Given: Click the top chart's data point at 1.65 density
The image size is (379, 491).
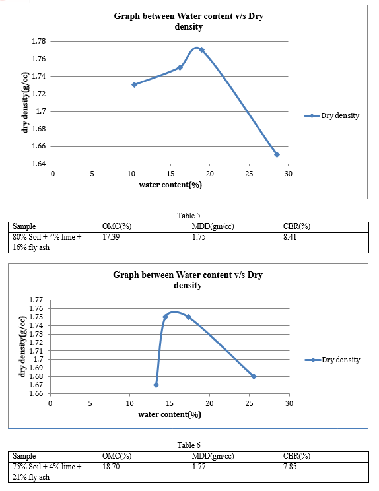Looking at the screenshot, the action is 277,154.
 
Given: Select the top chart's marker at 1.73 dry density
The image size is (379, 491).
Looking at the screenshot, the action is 135,84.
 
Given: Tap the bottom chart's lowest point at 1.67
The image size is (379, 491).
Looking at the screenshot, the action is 156,385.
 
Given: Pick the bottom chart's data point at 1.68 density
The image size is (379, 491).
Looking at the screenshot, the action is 254,376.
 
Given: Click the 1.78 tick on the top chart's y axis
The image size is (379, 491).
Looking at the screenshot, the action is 38,41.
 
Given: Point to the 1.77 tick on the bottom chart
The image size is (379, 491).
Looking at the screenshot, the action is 36,300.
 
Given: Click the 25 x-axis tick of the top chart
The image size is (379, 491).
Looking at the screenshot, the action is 249,174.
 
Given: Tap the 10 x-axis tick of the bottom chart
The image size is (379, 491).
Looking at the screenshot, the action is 129,403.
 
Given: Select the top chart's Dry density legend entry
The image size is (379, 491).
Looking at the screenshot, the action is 331,115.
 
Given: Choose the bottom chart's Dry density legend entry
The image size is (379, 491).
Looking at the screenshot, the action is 332,360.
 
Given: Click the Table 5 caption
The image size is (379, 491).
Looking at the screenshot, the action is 189,215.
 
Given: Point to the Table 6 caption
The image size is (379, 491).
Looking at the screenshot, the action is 189,445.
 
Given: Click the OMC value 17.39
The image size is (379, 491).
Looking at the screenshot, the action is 111,237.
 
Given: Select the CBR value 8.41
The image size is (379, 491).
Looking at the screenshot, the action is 290,237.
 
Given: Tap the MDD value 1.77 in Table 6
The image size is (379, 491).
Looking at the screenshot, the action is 199,467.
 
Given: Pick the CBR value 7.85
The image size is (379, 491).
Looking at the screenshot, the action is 290,467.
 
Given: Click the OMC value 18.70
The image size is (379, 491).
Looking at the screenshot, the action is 111,467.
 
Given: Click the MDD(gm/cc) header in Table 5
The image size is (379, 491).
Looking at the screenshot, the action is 213,226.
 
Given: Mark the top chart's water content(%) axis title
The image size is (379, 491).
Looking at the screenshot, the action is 170,185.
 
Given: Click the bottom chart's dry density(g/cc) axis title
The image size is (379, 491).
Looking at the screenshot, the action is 22,346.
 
